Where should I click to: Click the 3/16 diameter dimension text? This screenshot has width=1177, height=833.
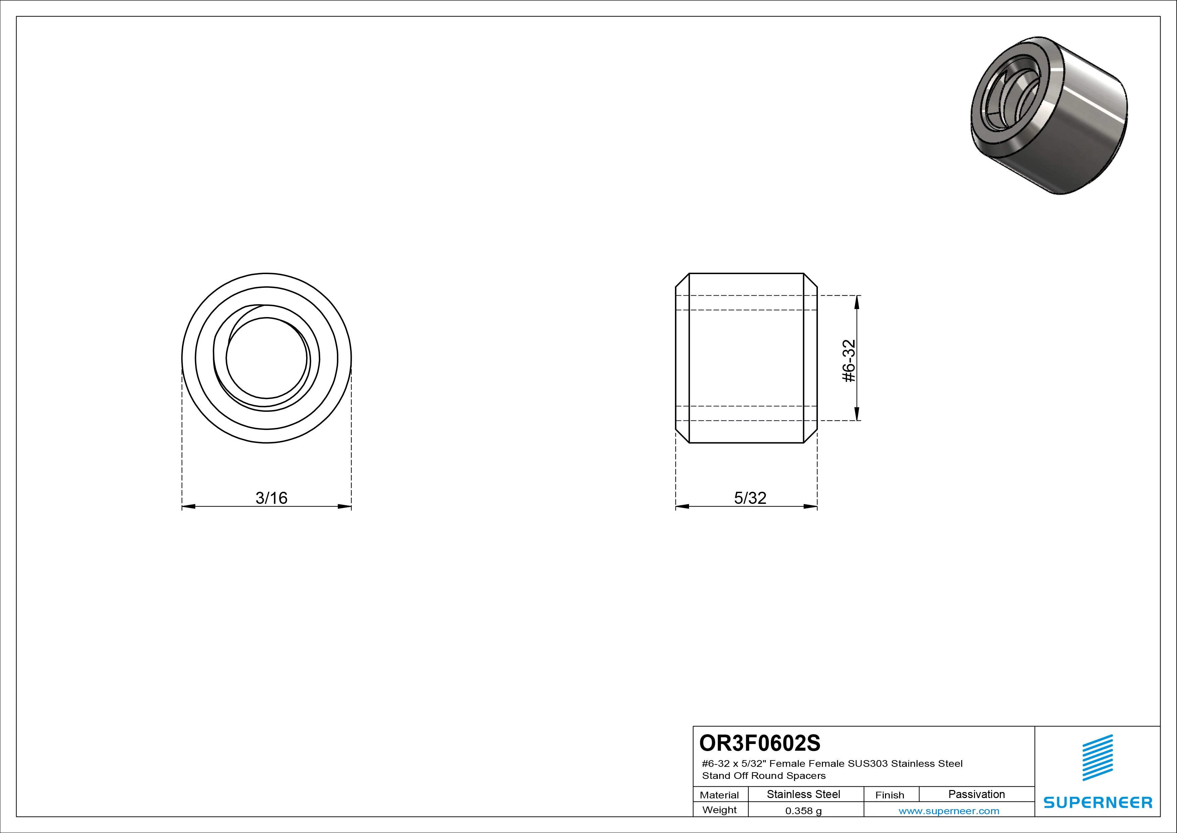tap(271, 497)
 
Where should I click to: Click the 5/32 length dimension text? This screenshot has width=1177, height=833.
tap(750, 497)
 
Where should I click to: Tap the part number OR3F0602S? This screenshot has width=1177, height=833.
tap(760, 743)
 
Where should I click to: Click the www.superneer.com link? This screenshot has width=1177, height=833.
tap(949, 811)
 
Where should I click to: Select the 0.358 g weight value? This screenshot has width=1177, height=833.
tap(803, 811)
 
